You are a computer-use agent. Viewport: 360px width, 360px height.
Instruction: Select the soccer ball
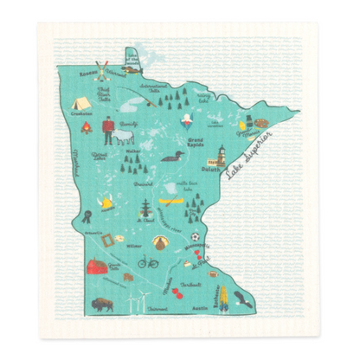click(x=197, y=235)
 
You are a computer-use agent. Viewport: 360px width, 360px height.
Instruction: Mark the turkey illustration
click(x=157, y=242)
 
